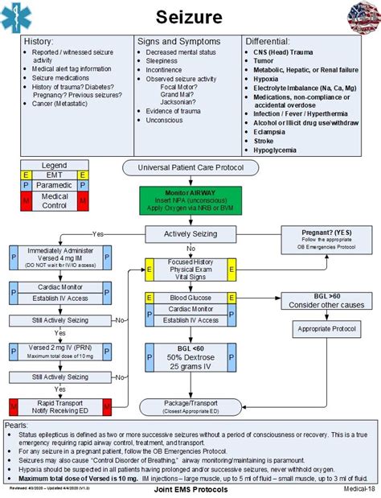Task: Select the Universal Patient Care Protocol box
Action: [190, 168]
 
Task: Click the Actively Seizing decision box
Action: [190, 234]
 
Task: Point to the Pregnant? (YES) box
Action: [327, 238]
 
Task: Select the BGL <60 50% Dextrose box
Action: [190, 354]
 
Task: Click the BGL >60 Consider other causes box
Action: [327, 301]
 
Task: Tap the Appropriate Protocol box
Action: [327, 329]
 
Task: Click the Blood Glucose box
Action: [190, 297]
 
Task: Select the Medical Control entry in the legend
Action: [54, 201]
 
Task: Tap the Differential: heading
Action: [268, 41]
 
